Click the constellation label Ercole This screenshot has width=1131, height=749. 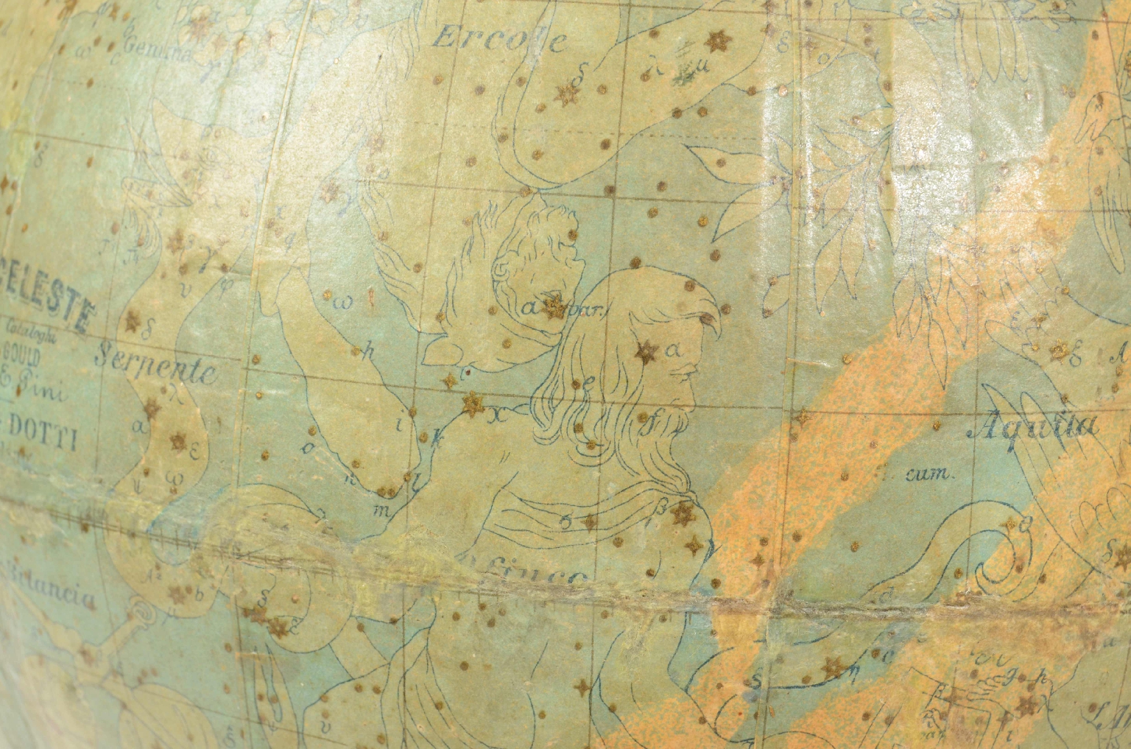[x=498, y=38]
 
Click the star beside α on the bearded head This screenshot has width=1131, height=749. [x=646, y=352]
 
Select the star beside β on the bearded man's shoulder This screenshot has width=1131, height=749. [x=681, y=513]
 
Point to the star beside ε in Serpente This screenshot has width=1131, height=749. [x=178, y=442]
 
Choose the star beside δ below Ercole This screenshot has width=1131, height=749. [x=568, y=93]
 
